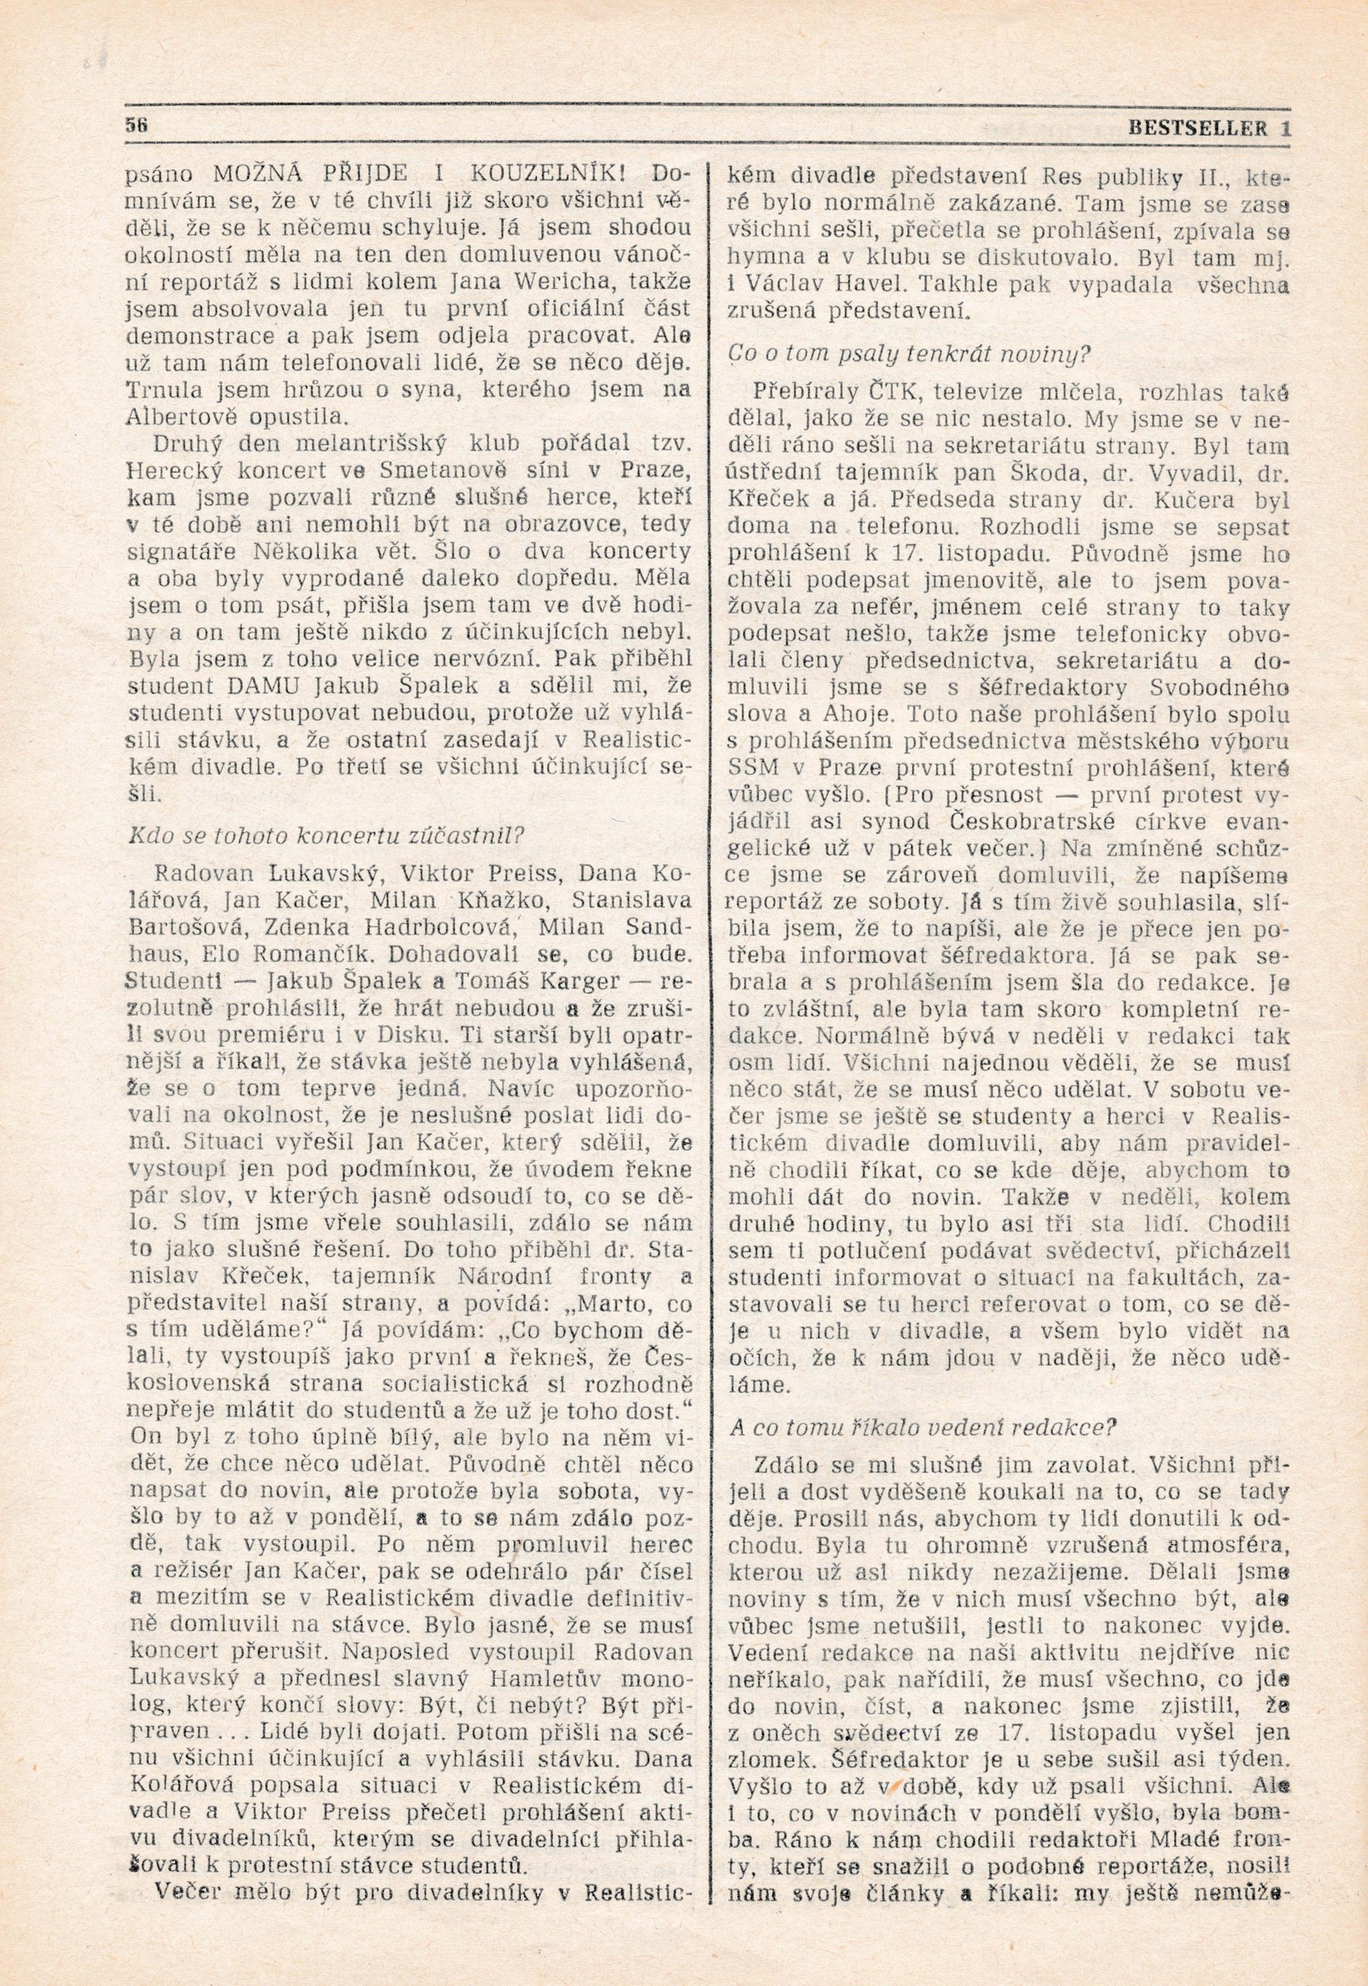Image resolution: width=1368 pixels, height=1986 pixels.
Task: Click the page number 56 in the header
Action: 137,122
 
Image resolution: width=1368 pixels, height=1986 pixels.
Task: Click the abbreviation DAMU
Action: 273,688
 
